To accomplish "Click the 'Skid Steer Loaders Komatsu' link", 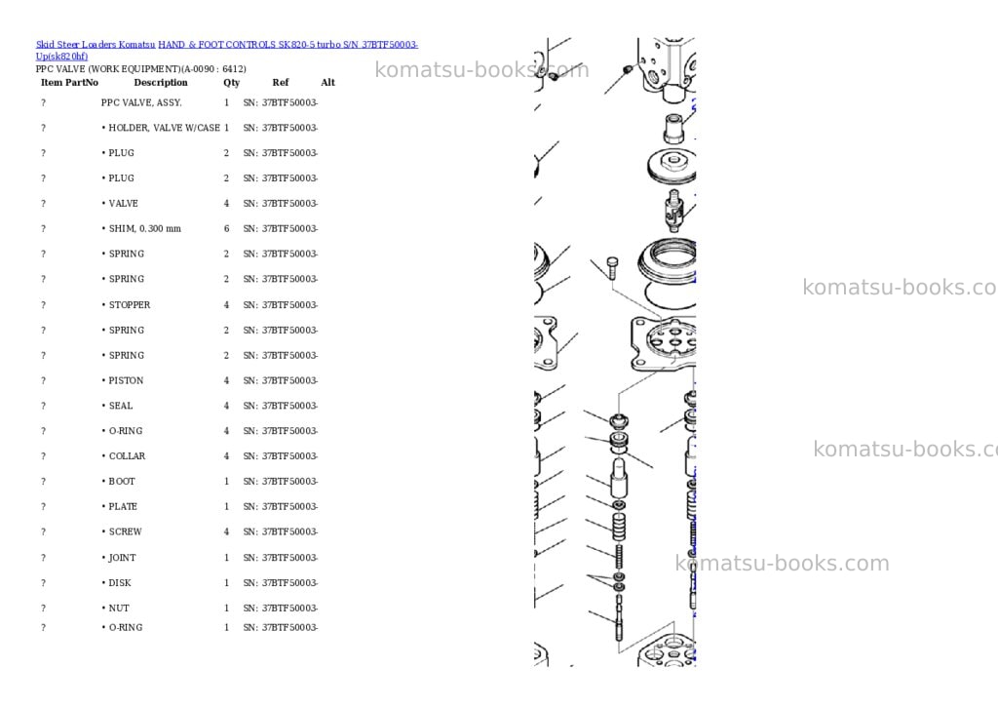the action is (x=96, y=45).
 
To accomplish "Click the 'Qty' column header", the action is (x=232, y=83).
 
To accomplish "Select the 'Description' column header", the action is (x=161, y=83).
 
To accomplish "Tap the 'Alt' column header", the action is (x=327, y=83).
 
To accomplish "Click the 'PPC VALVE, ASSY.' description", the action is (x=141, y=102).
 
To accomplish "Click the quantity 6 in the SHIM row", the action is (x=226, y=228).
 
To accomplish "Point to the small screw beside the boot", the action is (x=612, y=267).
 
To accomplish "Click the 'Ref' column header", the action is (x=281, y=83).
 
